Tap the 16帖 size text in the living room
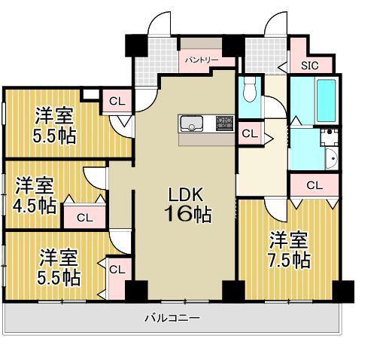(x=187, y=214)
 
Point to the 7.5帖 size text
(x=290, y=260)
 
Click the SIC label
(x=310, y=66)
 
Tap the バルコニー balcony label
(x=172, y=318)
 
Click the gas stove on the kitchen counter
(x=225, y=122)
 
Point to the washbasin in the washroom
(x=332, y=160)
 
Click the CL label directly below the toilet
(x=251, y=134)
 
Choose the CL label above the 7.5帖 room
(x=315, y=185)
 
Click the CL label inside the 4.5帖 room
(x=84, y=218)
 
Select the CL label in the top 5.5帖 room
(x=116, y=101)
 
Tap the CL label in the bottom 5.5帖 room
(x=116, y=269)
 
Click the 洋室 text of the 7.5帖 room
(x=290, y=241)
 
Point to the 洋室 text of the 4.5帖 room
(x=35, y=185)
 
